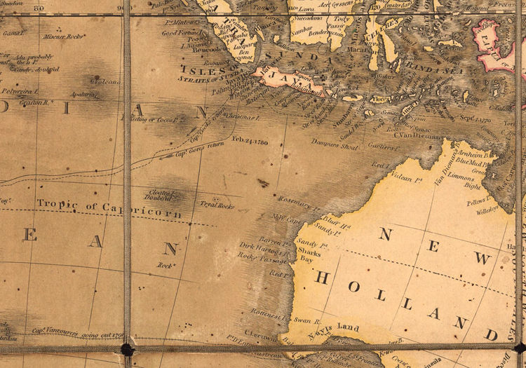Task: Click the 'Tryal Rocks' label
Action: point(217,205)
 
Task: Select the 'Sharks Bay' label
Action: point(309,254)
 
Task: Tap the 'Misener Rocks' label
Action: point(62,36)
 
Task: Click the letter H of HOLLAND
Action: point(323,278)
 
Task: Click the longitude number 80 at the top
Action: point(40,8)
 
